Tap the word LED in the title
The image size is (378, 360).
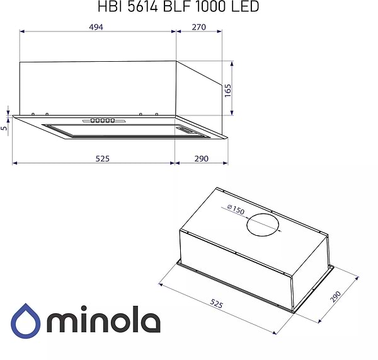click(245, 6)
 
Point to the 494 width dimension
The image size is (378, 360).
click(95, 27)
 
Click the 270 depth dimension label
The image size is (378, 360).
click(199, 27)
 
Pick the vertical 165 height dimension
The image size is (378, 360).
click(228, 88)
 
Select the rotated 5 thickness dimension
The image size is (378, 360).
click(5, 129)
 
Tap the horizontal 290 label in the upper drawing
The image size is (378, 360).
click(200, 158)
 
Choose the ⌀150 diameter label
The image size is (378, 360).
click(235, 210)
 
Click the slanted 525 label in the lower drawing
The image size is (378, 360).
click(215, 304)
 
